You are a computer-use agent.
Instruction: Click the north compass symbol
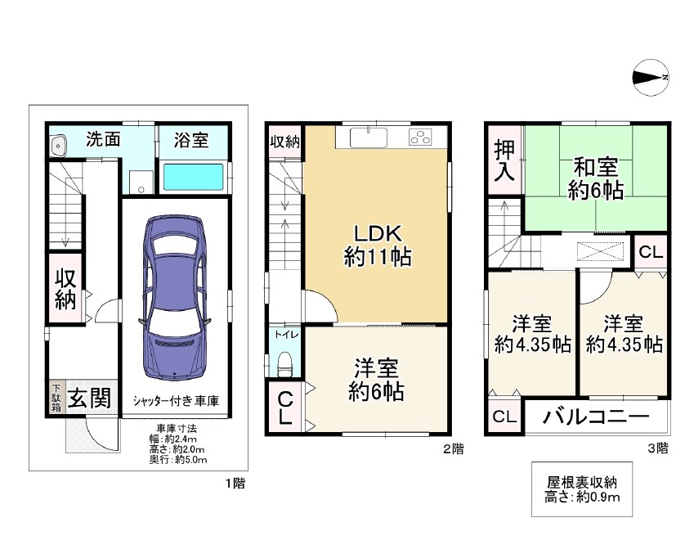651,77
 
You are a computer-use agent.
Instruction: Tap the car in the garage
175,297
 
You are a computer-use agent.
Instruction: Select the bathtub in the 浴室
194,178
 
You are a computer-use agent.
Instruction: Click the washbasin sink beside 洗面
57,146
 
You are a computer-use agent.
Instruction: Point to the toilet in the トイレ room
284,365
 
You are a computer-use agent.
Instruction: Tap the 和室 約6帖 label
596,178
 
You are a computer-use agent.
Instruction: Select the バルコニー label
596,417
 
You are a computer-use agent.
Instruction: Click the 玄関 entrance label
89,398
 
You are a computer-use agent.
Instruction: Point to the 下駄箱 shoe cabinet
56,398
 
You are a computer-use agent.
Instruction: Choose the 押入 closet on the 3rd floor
504,160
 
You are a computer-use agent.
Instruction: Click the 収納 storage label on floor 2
285,142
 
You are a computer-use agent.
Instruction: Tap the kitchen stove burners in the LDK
420,137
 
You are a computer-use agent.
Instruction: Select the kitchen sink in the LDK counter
369,137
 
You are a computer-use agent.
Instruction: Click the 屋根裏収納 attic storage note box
581,489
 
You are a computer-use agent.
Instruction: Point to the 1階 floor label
235,483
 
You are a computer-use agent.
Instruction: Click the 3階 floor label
658,448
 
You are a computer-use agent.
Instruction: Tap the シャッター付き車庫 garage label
176,401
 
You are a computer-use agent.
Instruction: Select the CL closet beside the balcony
504,417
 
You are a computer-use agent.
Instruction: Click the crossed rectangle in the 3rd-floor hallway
600,251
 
